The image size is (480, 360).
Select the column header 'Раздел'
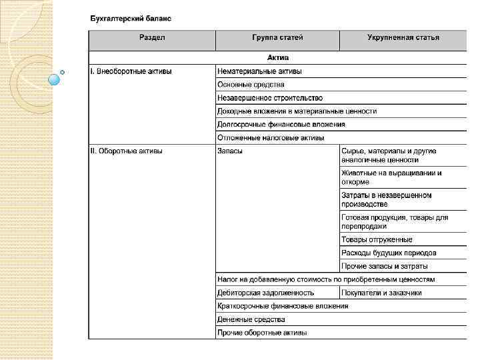click(x=152, y=37)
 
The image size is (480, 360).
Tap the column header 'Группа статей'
click(x=277, y=37)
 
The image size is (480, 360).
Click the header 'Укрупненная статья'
click(x=403, y=37)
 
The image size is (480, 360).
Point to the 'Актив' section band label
click(x=277, y=58)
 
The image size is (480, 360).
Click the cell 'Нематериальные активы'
click(x=259, y=71)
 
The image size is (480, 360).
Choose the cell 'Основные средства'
click(x=251, y=85)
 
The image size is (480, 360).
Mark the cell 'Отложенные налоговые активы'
click(x=271, y=138)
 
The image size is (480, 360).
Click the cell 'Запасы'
click(x=230, y=151)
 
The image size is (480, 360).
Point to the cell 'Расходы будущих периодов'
click(x=389, y=253)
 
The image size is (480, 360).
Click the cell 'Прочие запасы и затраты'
click(x=385, y=266)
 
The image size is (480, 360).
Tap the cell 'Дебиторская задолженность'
click(x=265, y=293)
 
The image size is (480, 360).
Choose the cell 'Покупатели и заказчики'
click(x=381, y=293)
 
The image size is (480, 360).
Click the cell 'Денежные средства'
click(x=251, y=319)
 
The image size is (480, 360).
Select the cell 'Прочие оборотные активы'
click(x=262, y=333)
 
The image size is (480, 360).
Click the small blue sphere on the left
click(x=55, y=80)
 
